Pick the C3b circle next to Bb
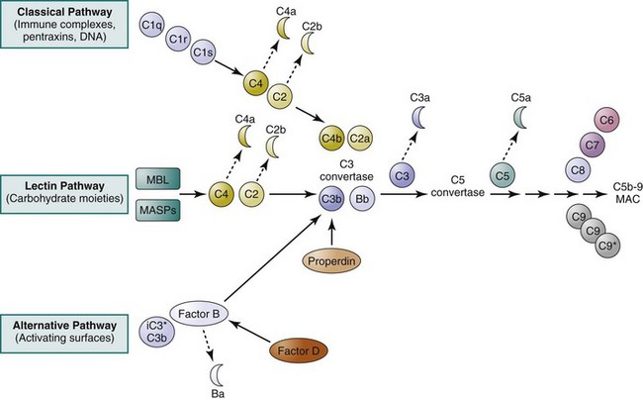[332, 198]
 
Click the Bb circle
[364, 198]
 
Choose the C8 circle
[579, 170]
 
